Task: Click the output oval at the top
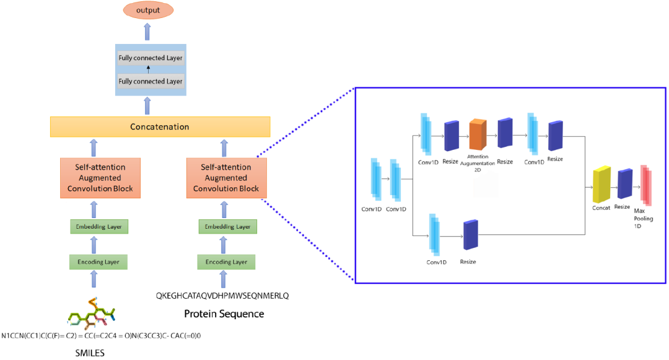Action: click(148, 11)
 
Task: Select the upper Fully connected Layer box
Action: click(151, 58)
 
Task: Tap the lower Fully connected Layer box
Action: click(151, 81)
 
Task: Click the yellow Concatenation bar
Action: click(160, 126)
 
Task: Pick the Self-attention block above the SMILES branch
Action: click(100, 178)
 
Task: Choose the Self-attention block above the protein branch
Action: click(227, 178)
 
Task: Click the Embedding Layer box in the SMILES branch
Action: click(99, 227)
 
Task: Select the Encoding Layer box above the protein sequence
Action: click(226, 262)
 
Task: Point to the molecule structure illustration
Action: click(91, 314)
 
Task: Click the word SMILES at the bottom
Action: click(90, 353)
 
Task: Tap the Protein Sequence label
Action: click(224, 314)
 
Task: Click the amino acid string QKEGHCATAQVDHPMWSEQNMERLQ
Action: click(222, 296)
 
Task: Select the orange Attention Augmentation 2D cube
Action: click(478, 134)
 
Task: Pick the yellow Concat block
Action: click(601, 184)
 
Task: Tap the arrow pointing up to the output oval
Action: click(147, 32)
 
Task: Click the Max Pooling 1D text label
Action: click(643, 218)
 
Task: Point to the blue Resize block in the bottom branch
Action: click(471, 235)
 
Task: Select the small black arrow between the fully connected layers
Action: click(149, 69)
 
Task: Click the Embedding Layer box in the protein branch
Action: click(228, 227)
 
